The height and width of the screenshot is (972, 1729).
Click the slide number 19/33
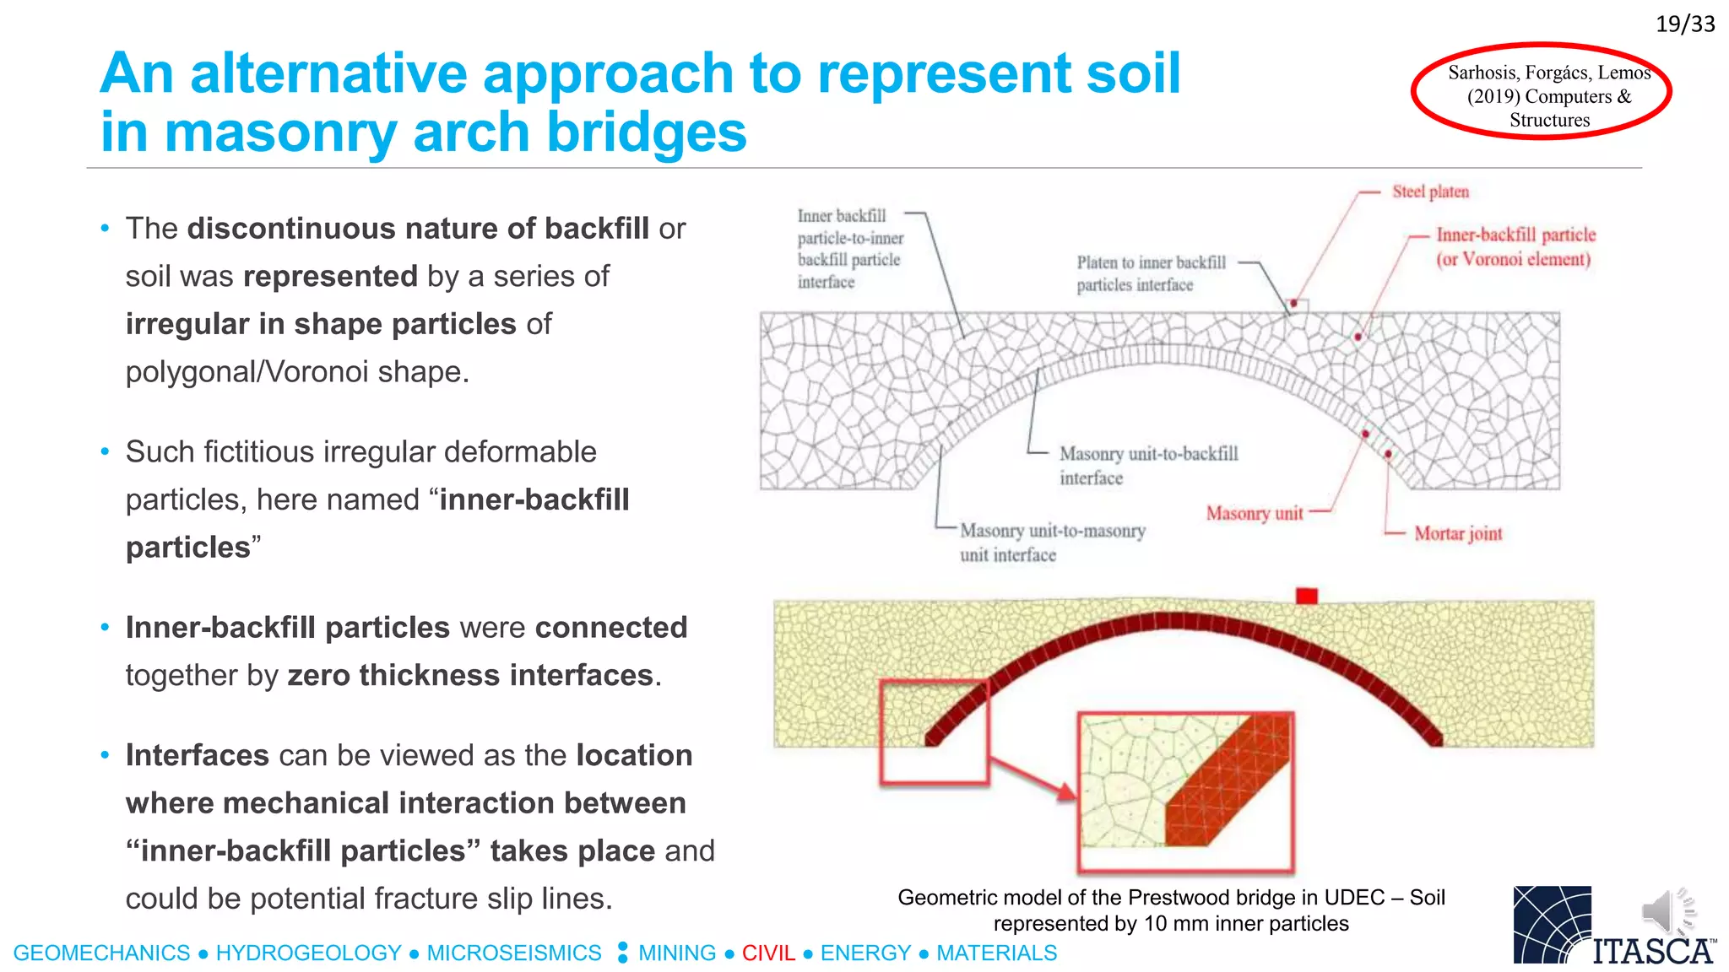pyautogui.click(x=1684, y=24)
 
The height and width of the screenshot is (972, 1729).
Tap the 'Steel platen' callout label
pyautogui.click(x=1430, y=192)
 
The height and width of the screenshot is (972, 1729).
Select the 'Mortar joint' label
pyautogui.click(x=1458, y=533)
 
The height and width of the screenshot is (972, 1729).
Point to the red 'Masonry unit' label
pyautogui.click(x=1254, y=513)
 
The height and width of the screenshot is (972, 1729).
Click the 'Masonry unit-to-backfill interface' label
pyautogui.click(x=1147, y=466)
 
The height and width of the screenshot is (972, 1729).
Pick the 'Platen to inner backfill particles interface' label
pyautogui.click(x=1150, y=273)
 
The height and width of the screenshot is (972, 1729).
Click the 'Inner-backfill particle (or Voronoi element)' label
pyautogui.click(x=1515, y=246)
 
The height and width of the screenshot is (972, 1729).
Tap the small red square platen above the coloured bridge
pyautogui.click(x=1306, y=597)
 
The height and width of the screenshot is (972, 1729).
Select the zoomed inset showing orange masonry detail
pyautogui.click(x=1185, y=791)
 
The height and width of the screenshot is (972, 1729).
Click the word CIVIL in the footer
pyautogui.click(x=768, y=953)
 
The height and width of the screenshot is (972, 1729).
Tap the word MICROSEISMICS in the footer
pyautogui.click(x=513, y=953)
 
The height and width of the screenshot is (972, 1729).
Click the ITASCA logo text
pyautogui.click(x=1652, y=951)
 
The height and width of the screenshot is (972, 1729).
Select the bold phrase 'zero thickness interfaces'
pyautogui.click(x=470, y=675)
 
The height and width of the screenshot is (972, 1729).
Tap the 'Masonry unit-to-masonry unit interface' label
pyautogui.click(x=1052, y=543)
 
